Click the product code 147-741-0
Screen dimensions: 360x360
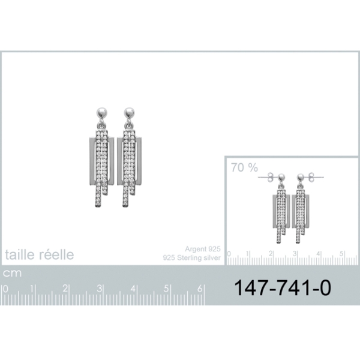click(x=283, y=287)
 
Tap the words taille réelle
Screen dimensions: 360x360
click(x=39, y=254)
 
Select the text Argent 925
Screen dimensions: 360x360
click(x=203, y=249)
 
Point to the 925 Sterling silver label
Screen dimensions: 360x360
click(x=192, y=257)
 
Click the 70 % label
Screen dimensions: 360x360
click(x=245, y=167)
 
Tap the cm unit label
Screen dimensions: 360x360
click(x=12, y=273)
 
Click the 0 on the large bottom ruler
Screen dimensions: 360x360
click(x=5, y=289)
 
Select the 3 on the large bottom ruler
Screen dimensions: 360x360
click(x=99, y=289)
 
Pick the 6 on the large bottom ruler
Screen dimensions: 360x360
click(x=200, y=289)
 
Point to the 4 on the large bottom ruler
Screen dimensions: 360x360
click(x=133, y=289)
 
